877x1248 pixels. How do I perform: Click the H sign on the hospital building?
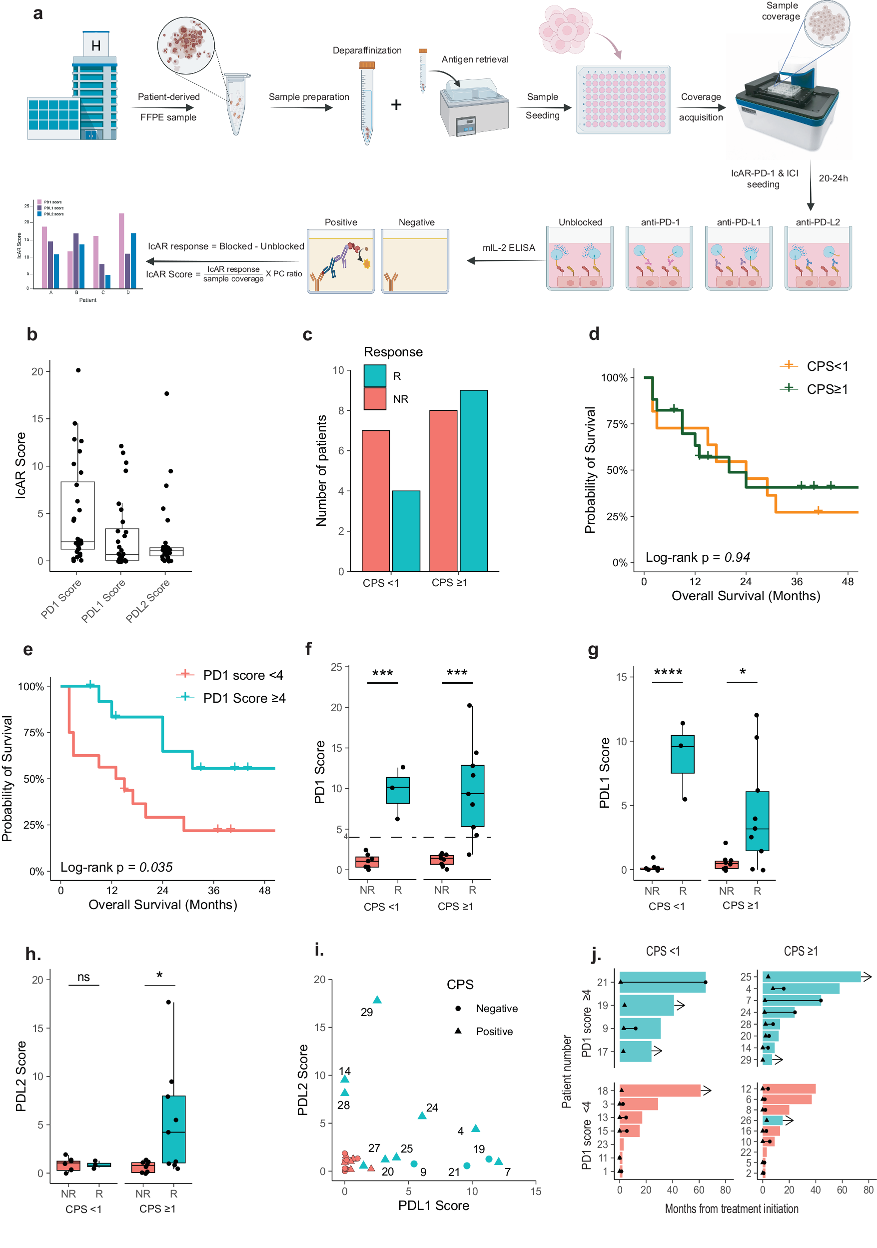95,45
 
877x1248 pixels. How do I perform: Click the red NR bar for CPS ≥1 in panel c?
443,490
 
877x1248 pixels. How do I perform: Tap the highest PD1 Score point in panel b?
78,370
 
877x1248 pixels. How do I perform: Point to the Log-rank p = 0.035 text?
116,867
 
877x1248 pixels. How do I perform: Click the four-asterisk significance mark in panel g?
668,673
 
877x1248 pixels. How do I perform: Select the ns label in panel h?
83,977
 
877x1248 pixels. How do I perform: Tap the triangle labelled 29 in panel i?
377,1000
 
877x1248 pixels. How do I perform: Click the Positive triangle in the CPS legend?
458,1031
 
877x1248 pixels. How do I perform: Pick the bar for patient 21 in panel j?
662,982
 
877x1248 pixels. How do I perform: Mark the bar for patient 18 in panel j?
660,1091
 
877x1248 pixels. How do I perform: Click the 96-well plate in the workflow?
623,99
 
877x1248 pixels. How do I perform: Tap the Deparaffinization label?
367,50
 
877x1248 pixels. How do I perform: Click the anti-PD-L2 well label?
817,222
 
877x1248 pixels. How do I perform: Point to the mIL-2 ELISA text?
509,248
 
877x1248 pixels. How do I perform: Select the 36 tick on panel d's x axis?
797,582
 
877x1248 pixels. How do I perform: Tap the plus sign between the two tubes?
396,104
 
